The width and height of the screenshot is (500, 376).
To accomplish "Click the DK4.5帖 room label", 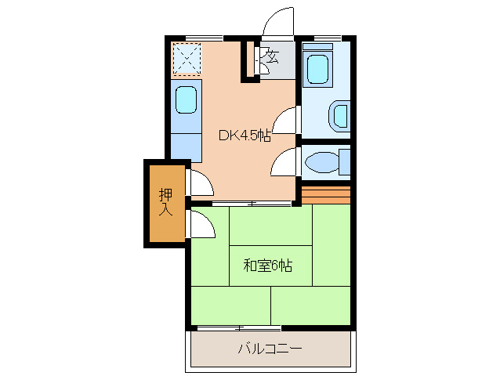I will (245, 135).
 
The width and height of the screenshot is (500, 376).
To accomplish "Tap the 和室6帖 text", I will (267, 266).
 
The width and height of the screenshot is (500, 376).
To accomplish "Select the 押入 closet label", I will (165, 202).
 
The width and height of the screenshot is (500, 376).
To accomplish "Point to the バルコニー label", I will (270, 349).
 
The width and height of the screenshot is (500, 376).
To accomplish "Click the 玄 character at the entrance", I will (272, 56).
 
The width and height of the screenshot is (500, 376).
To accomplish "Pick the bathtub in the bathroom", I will (320, 68).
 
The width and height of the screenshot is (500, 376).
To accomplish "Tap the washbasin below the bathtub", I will (339, 114).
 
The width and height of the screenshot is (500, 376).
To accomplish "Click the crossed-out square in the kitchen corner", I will (187, 57).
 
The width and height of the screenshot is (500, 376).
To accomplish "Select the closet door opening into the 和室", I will (201, 225).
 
